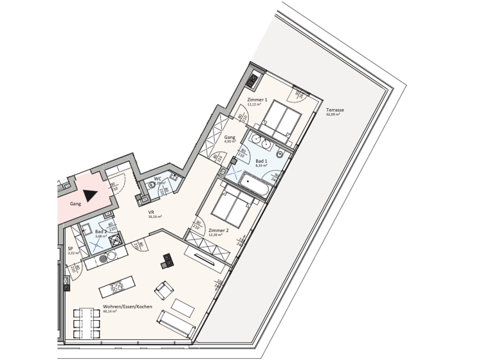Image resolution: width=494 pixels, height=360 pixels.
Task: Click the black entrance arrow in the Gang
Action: (89, 195)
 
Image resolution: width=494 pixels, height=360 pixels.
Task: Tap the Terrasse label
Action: (334, 110)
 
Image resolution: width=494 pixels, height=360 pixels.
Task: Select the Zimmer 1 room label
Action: (257, 100)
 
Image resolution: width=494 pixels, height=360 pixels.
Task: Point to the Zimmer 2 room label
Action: (219, 230)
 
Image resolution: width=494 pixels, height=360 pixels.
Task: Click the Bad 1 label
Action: (261, 161)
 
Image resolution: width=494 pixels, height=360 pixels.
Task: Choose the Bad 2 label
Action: (101, 231)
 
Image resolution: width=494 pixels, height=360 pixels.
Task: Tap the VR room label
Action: (151, 212)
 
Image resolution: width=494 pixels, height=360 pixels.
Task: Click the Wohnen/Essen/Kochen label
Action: (127, 307)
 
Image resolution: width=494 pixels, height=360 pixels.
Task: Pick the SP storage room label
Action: (70, 248)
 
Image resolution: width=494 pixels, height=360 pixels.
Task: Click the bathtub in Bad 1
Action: (255, 185)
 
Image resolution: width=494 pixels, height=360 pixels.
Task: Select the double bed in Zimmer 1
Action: (281, 120)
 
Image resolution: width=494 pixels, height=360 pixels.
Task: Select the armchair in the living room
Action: (164, 291)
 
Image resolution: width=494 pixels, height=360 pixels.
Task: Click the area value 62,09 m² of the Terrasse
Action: (333, 114)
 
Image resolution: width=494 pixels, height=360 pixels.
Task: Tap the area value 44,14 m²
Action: (110, 311)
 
